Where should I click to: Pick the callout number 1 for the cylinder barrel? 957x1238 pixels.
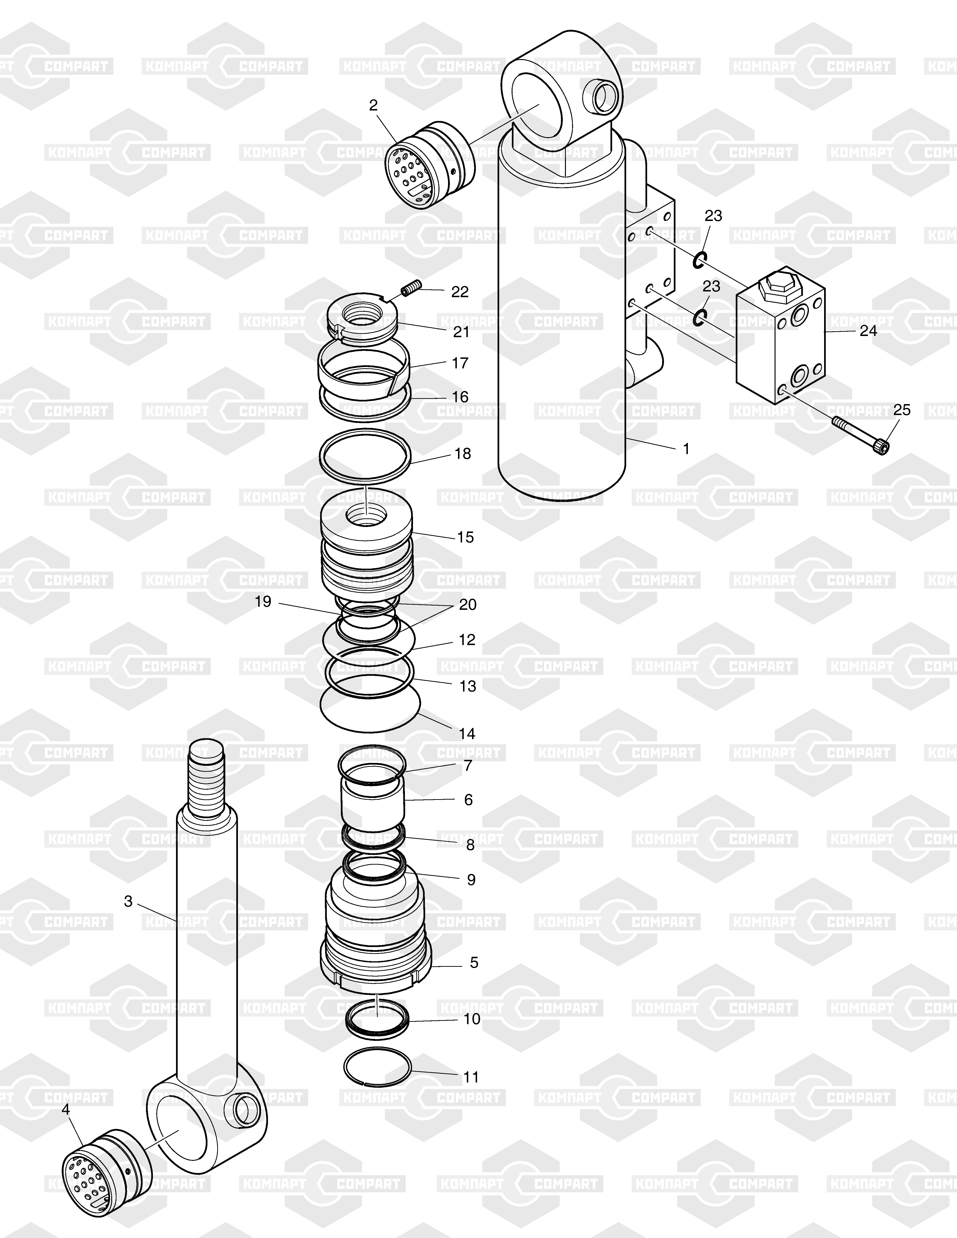pos(687,449)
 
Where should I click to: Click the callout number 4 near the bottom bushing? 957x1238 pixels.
pos(66,1109)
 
